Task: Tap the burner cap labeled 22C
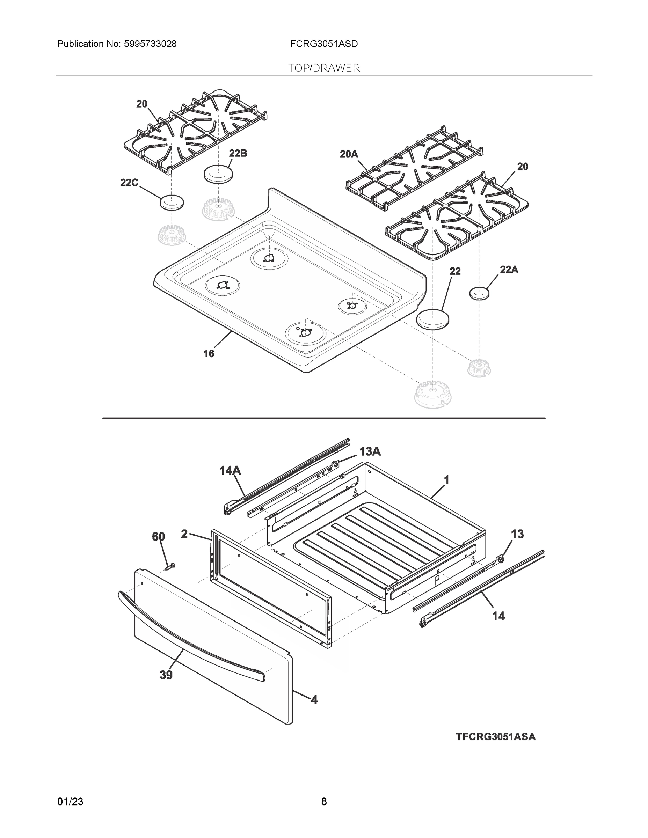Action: click(172, 203)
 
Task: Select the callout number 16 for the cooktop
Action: click(209, 353)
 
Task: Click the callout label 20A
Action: click(349, 154)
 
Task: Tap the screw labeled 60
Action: click(169, 566)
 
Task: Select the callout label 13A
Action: click(370, 451)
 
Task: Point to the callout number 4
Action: click(314, 700)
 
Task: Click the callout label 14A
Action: click(230, 470)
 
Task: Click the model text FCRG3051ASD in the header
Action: click(323, 44)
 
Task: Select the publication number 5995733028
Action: click(150, 44)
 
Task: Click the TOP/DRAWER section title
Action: click(323, 68)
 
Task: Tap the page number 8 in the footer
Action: click(323, 802)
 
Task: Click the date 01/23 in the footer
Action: click(70, 802)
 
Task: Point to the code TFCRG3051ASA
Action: click(496, 737)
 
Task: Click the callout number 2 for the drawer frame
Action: click(184, 534)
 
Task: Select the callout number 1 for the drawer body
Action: click(446, 480)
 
